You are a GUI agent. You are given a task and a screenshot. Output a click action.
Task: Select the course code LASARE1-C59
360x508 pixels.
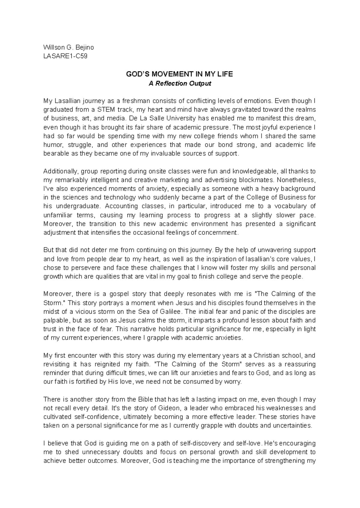[x=65, y=56]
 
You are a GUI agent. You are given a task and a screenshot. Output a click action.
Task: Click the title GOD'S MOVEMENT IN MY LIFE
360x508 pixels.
[x=179, y=74]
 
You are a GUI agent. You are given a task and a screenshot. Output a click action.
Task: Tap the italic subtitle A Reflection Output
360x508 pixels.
[x=180, y=83]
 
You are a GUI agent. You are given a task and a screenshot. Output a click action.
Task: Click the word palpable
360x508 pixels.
[x=56, y=320]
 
